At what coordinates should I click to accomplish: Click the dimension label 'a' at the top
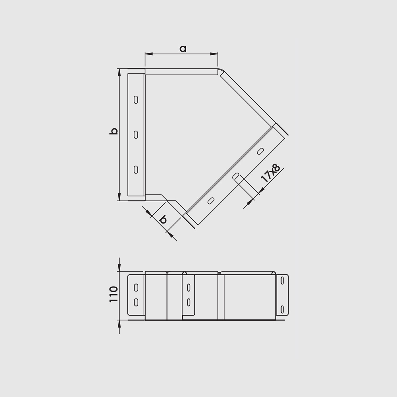coord(183,48)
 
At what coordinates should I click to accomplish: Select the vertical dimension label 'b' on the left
coord(114,131)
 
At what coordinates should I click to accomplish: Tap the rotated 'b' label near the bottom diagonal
coord(163,219)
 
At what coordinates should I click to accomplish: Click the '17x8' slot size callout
coord(271,173)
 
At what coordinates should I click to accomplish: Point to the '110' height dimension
coord(114,294)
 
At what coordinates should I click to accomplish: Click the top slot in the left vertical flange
coord(136,100)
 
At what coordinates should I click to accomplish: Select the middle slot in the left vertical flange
coord(136,135)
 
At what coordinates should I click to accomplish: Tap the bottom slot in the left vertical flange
coord(136,170)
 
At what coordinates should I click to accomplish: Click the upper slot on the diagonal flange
coord(260,151)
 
